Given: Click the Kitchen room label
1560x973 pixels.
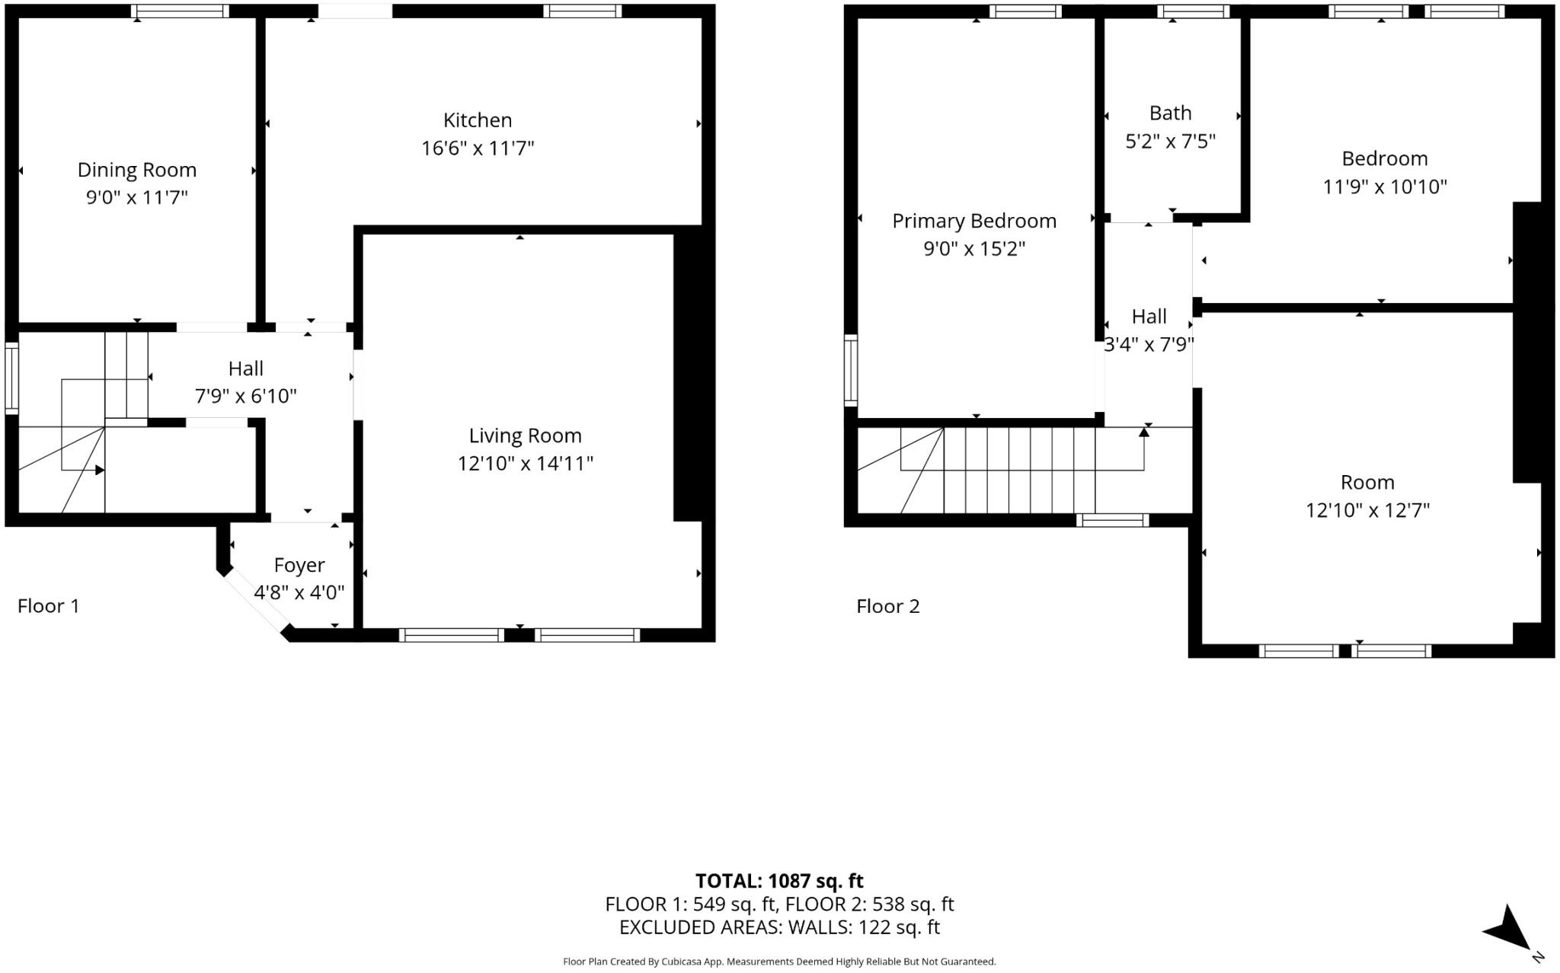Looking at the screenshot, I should pyautogui.click(x=478, y=120).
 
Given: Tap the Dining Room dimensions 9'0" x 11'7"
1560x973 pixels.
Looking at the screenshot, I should pyautogui.click(x=137, y=197).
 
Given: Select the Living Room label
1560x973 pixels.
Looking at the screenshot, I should pyautogui.click(x=525, y=435).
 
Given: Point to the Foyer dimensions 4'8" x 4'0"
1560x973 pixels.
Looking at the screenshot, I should pyautogui.click(x=299, y=592).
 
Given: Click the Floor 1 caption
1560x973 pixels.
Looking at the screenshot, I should pyautogui.click(x=48, y=606).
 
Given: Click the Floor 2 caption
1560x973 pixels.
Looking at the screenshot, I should pyautogui.click(x=887, y=606).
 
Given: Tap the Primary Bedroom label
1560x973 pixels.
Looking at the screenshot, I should pyautogui.click(x=974, y=221).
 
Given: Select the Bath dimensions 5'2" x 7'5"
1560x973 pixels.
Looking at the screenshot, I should pyautogui.click(x=1170, y=141).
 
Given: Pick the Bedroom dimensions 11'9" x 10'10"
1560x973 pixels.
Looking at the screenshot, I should pyautogui.click(x=1384, y=187).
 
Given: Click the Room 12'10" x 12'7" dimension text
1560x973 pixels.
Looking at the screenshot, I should pyautogui.click(x=1367, y=510).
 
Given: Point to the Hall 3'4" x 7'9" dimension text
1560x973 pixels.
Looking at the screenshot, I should pyautogui.click(x=1149, y=345).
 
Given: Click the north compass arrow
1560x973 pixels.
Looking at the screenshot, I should pyautogui.click(x=1509, y=928).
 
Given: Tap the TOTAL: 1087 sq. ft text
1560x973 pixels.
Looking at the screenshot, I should pyautogui.click(x=778, y=881).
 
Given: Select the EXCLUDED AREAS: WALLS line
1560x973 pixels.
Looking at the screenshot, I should pyautogui.click(x=778, y=927).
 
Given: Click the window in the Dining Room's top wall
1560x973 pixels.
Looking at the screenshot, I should pyautogui.click(x=180, y=11).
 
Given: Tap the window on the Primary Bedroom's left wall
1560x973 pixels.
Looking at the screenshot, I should pyautogui.click(x=851, y=369).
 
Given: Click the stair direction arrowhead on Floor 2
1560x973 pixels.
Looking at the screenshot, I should pyautogui.click(x=1143, y=432).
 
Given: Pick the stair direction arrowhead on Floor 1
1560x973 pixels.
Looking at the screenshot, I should pyautogui.click(x=100, y=471).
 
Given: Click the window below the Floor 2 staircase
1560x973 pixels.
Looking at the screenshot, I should pyautogui.click(x=1113, y=521).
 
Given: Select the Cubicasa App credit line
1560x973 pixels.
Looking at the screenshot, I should pyautogui.click(x=778, y=962).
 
